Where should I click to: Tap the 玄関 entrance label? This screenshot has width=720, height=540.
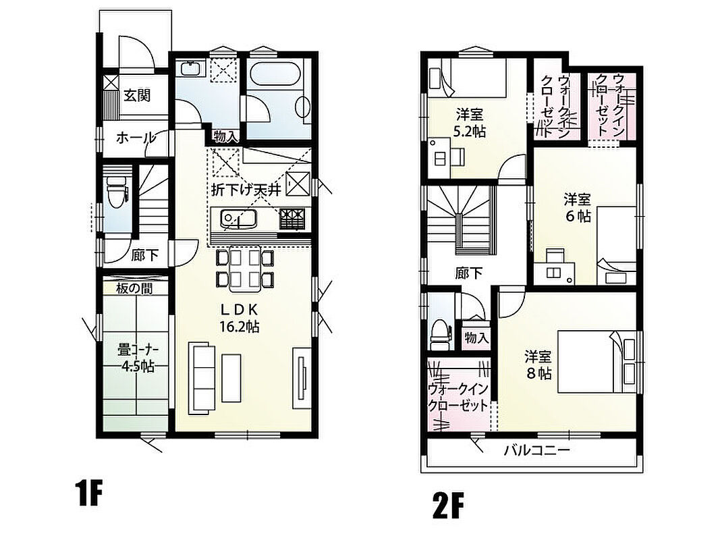pyautogui.click(x=137, y=95)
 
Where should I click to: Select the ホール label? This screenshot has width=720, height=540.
pyautogui.click(x=135, y=137)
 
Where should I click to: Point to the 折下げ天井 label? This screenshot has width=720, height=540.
pyautogui.click(x=246, y=190)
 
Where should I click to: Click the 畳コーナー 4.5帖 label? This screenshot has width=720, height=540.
pyautogui.click(x=138, y=358)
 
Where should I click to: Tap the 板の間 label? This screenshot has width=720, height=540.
pyautogui.click(x=134, y=288)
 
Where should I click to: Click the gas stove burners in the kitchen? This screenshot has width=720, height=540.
pyautogui.click(x=292, y=219)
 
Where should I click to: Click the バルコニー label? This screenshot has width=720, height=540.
pyautogui.click(x=536, y=450)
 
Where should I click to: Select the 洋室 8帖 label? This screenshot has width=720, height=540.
pyautogui.click(x=538, y=364)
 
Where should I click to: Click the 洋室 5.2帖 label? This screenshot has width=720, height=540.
pyautogui.click(x=469, y=122)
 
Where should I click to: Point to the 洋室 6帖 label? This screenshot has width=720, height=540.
pyautogui.click(x=577, y=207)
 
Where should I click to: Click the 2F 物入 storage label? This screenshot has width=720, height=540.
pyautogui.click(x=476, y=338)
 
